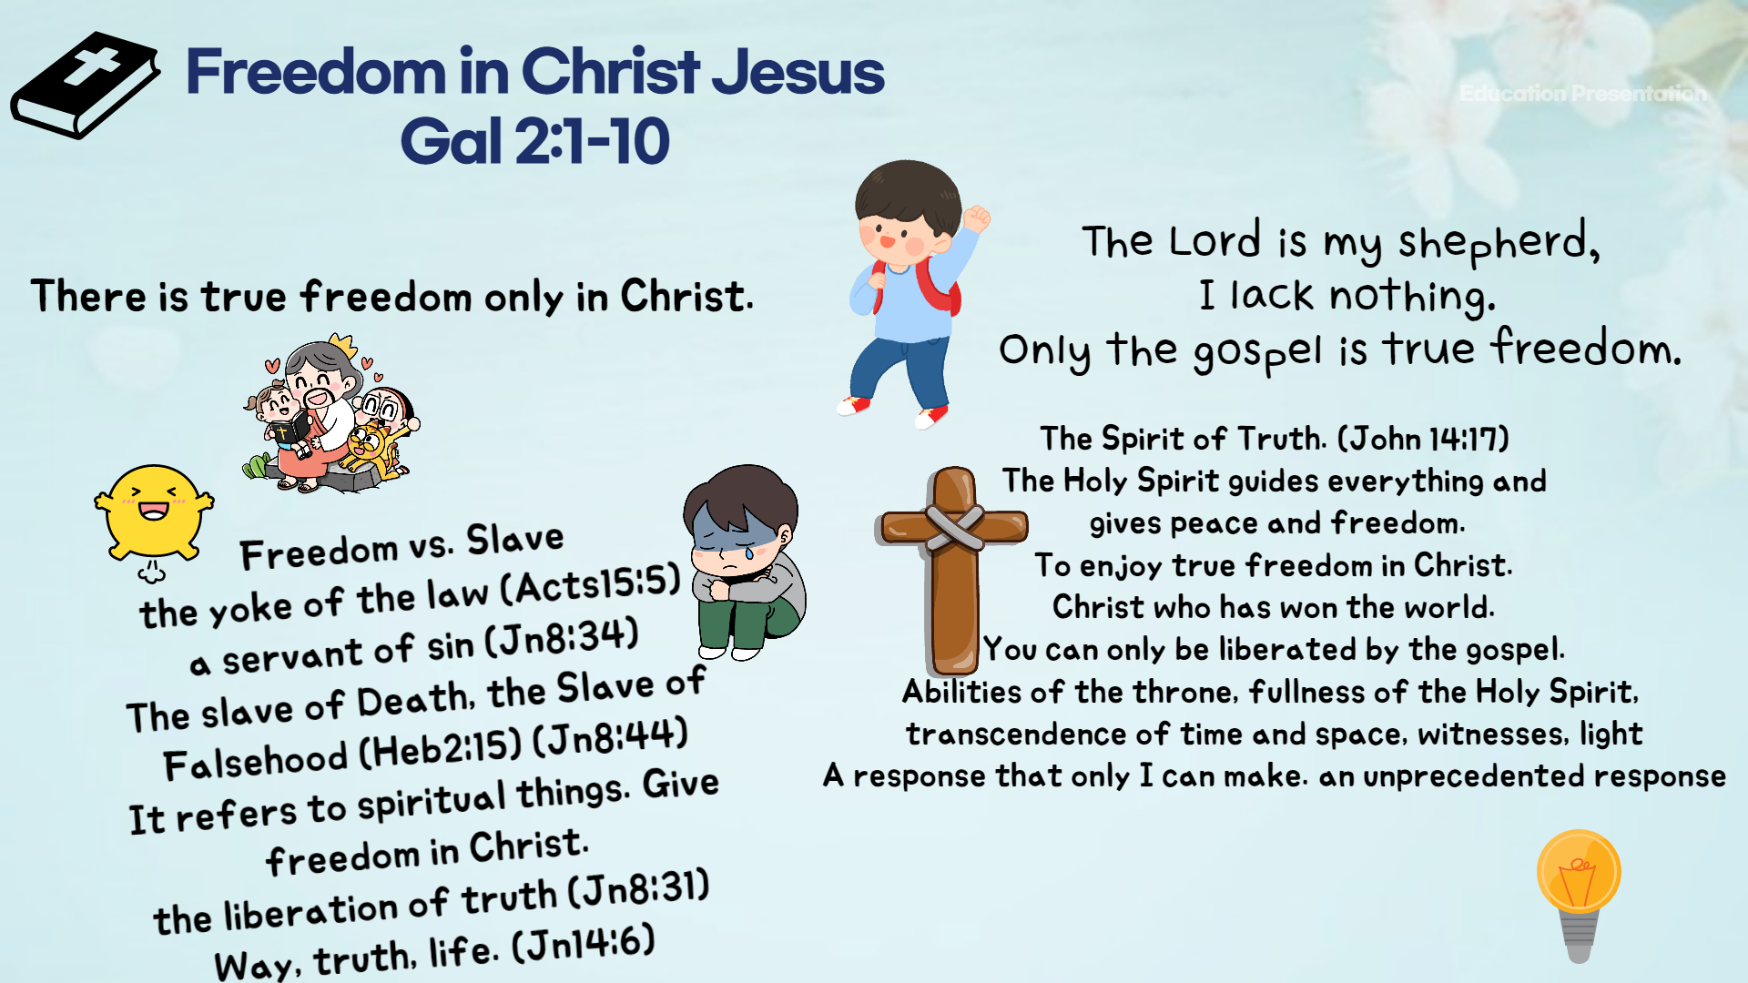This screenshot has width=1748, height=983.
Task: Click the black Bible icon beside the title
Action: (x=85, y=86)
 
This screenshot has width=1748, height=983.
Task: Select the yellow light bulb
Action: (x=1579, y=892)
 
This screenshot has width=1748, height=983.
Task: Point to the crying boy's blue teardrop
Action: (x=749, y=551)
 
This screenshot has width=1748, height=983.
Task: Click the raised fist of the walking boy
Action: (x=976, y=218)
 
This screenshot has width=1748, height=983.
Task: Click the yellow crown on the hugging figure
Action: (x=341, y=345)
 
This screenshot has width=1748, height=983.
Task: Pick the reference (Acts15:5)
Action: (x=590, y=584)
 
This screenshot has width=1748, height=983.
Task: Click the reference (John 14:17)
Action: (x=1423, y=439)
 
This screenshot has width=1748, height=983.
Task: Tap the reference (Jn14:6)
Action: (x=584, y=945)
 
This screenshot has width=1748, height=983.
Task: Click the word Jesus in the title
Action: (x=798, y=73)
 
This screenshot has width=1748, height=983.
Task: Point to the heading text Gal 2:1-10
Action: (x=534, y=142)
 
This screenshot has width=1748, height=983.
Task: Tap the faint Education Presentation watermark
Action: (x=1582, y=93)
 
